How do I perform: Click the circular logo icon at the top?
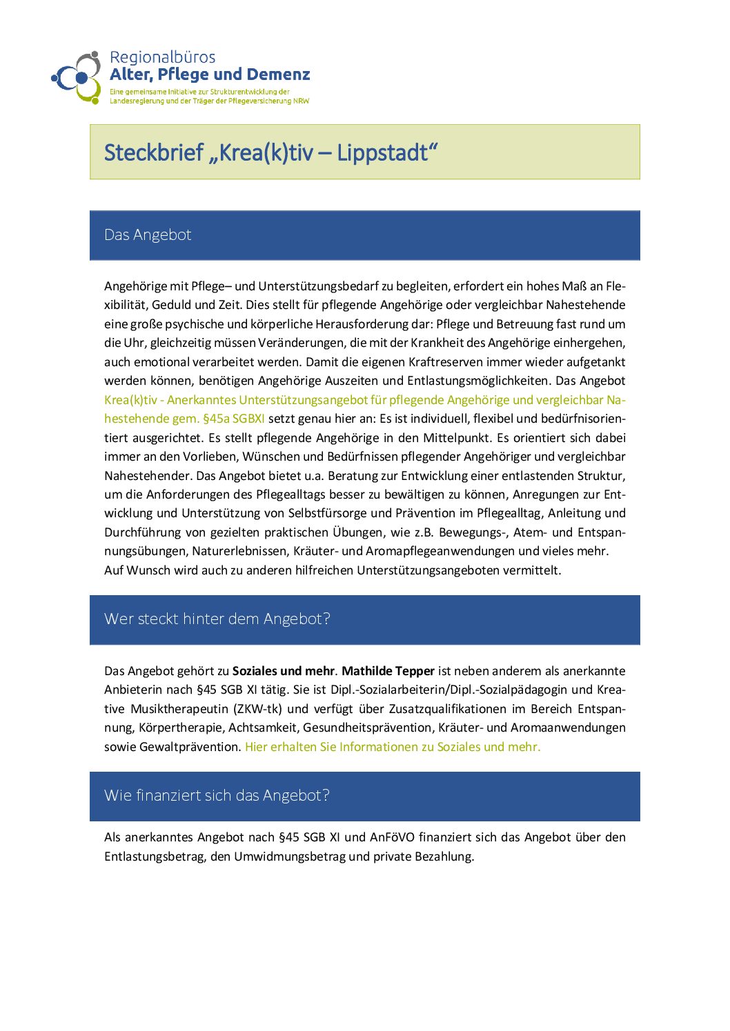pyautogui.click(x=77, y=77)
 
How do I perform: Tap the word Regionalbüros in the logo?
pyautogui.click(x=162, y=57)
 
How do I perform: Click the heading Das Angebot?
pyautogui.click(x=148, y=235)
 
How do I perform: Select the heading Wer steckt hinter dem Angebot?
pyautogui.click(x=217, y=619)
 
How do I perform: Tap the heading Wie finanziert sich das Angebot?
pyautogui.click(x=217, y=796)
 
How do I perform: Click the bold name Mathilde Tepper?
pyautogui.click(x=388, y=671)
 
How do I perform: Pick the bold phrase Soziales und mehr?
pyautogui.click(x=283, y=671)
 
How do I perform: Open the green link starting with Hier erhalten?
pyautogui.click(x=393, y=747)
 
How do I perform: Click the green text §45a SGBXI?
pyautogui.click(x=233, y=419)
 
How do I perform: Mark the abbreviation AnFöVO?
pyautogui.click(x=392, y=837)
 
